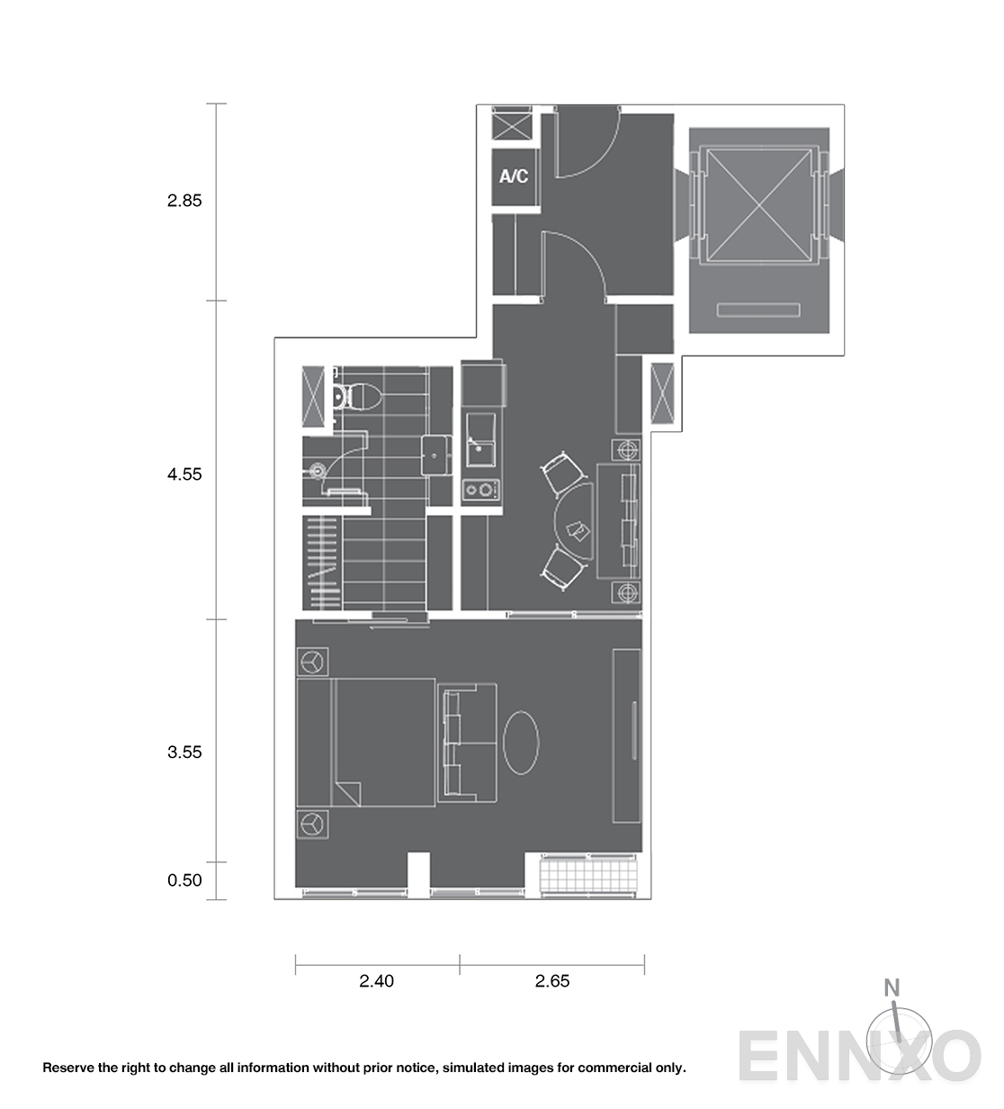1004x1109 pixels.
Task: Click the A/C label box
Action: pos(514,177)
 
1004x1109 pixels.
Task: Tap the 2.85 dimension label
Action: pos(184,201)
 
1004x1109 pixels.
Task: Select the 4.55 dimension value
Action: pos(184,474)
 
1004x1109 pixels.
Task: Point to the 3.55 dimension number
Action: pos(184,753)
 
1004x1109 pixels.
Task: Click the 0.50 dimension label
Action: pos(184,880)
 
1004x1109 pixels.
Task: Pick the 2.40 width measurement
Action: pos(376,981)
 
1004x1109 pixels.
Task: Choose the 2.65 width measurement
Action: pos(552,981)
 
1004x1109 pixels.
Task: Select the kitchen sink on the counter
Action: pos(480,439)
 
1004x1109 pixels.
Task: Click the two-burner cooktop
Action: pos(480,490)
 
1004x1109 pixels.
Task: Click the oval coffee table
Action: pos(521,743)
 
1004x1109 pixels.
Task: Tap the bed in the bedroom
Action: pos(366,743)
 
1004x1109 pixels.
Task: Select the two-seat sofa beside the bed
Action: pos(467,743)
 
